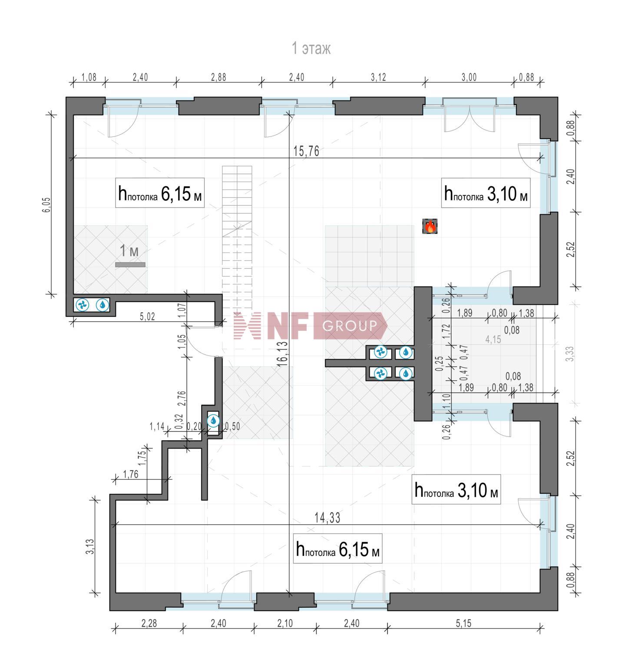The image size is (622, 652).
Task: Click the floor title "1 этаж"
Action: click(311, 48)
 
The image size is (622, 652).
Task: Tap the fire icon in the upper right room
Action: click(430, 226)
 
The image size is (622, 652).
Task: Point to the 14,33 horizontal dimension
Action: click(328, 518)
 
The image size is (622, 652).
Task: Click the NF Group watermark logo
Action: click(310, 326)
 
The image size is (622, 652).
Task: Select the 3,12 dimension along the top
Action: click(378, 77)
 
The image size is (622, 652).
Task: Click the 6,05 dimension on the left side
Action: click(46, 205)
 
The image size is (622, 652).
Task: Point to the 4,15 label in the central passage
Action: click(493, 339)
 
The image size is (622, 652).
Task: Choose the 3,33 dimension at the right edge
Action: click(570, 353)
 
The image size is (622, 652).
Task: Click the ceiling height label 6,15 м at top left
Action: click(159, 193)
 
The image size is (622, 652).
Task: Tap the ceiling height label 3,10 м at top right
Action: click(486, 193)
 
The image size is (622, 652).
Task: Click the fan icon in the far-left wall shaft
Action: click(82, 305)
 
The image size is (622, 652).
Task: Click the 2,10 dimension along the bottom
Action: click(285, 623)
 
